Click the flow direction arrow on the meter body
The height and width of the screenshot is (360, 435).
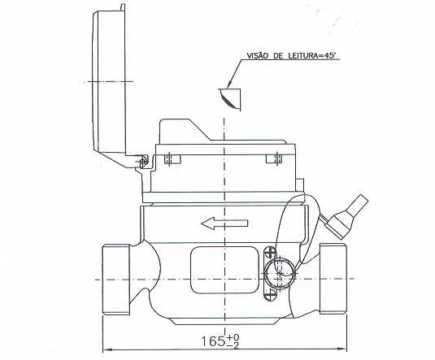coord(224,223)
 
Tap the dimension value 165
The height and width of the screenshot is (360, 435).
coord(213,341)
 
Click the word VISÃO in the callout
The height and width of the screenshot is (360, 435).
coord(257,55)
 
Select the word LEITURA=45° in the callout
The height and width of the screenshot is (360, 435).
coord(312,55)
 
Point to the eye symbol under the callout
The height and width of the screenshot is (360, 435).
coord(230,99)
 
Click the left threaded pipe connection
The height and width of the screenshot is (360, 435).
coord(116,279)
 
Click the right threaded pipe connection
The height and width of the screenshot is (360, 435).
coord(333,279)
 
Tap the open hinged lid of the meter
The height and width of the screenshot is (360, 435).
coord(110,83)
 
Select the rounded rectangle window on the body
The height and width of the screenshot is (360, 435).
coord(224,270)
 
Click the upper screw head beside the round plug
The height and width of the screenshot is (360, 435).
coord(270,254)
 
